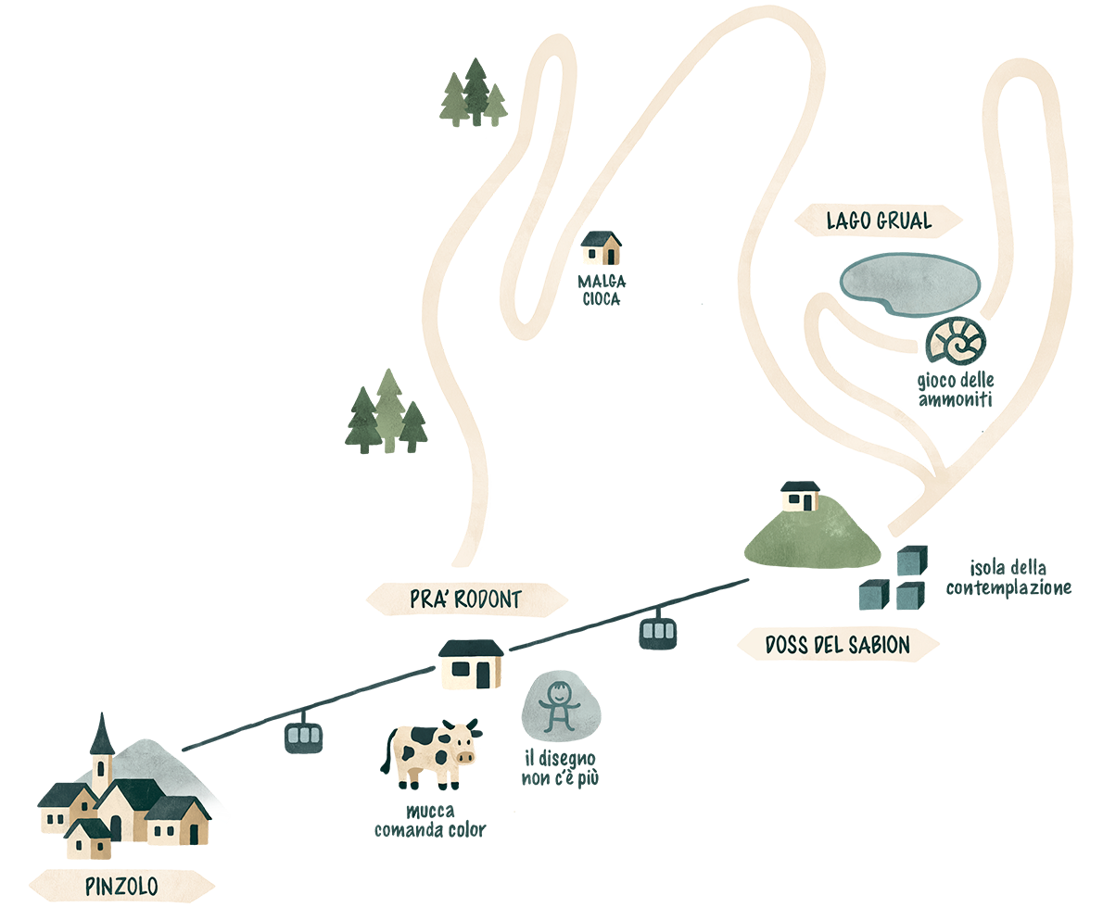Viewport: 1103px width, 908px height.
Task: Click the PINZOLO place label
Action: [x=121, y=886]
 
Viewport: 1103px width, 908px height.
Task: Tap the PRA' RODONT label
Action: [x=464, y=599]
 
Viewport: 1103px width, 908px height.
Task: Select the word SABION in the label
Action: [x=876, y=645]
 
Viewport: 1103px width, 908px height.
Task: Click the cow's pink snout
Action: [x=463, y=757]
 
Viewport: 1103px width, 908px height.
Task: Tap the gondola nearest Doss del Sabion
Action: [x=657, y=631]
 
